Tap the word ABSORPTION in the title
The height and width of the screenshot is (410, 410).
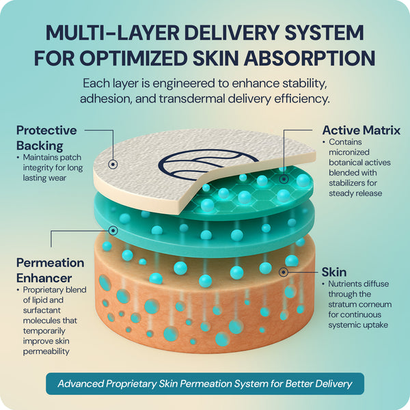click(x=310, y=58)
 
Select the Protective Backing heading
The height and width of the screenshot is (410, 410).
click(x=46, y=138)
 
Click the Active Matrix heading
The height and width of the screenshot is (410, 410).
click(x=361, y=131)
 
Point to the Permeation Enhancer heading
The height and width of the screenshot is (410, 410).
click(x=50, y=271)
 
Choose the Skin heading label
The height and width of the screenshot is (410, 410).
click(x=334, y=272)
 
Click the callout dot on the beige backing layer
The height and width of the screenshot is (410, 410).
click(x=113, y=164)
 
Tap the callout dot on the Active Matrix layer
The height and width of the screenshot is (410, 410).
click(x=284, y=179)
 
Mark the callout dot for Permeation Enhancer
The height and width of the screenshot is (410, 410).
click(x=113, y=231)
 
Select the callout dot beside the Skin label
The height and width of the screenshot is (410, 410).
click(x=284, y=272)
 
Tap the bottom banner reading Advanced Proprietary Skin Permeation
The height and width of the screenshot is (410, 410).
click(x=205, y=383)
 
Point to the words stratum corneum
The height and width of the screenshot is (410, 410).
click(x=360, y=304)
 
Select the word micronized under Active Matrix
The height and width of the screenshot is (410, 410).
click(x=349, y=152)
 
